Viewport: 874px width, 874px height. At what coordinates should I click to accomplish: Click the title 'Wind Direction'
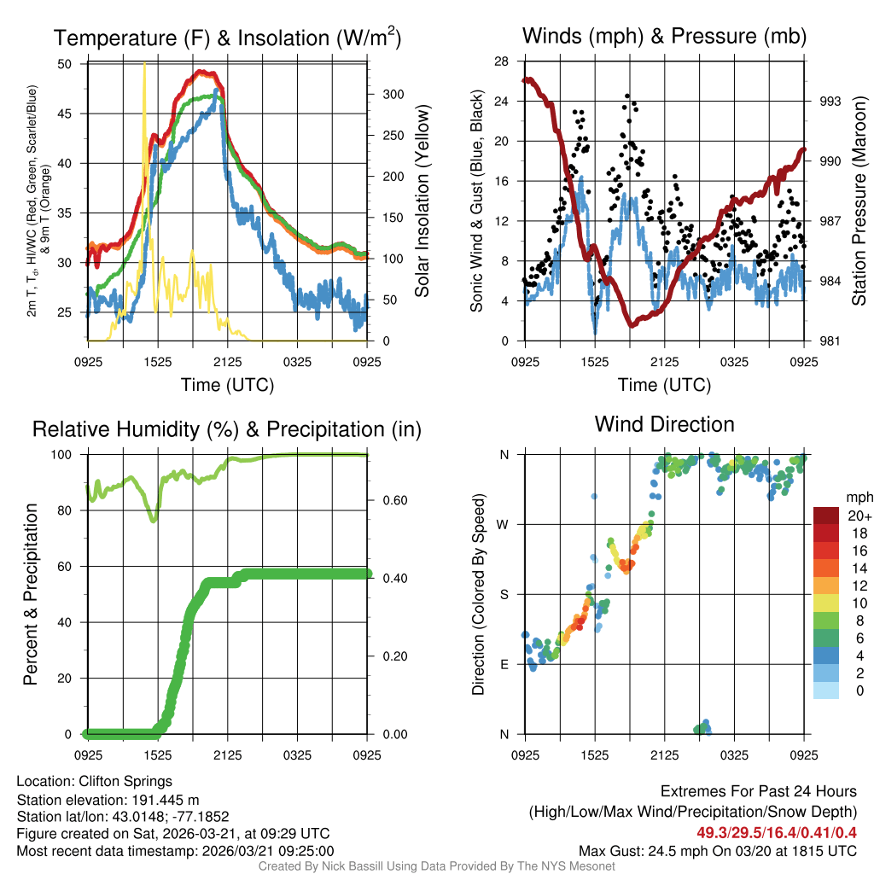pos(664,424)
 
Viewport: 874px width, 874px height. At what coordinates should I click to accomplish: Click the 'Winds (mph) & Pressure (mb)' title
pos(664,36)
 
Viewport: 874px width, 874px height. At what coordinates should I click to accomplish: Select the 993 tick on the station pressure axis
pos(830,101)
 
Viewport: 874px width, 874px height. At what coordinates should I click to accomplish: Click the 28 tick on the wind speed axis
pos(501,61)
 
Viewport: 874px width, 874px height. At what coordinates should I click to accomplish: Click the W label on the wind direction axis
pos(504,525)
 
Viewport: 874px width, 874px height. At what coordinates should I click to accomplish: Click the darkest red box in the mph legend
pos(828,516)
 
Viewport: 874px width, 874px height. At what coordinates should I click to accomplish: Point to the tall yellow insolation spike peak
pos(144,65)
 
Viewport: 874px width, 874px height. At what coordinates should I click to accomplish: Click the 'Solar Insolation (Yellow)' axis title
pos(422,201)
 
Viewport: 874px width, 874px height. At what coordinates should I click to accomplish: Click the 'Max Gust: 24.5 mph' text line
pos(718,850)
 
